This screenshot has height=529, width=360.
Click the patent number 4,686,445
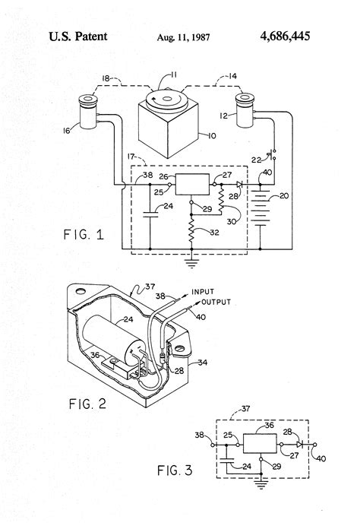285,36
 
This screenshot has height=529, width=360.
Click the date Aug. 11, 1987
183,37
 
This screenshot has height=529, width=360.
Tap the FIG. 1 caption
84,234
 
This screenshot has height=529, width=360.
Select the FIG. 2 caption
87,404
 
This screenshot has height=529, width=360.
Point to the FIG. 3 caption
175,470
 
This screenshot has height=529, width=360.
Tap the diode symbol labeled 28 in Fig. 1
239,184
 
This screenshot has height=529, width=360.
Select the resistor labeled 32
191,230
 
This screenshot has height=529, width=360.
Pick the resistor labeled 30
222,200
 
